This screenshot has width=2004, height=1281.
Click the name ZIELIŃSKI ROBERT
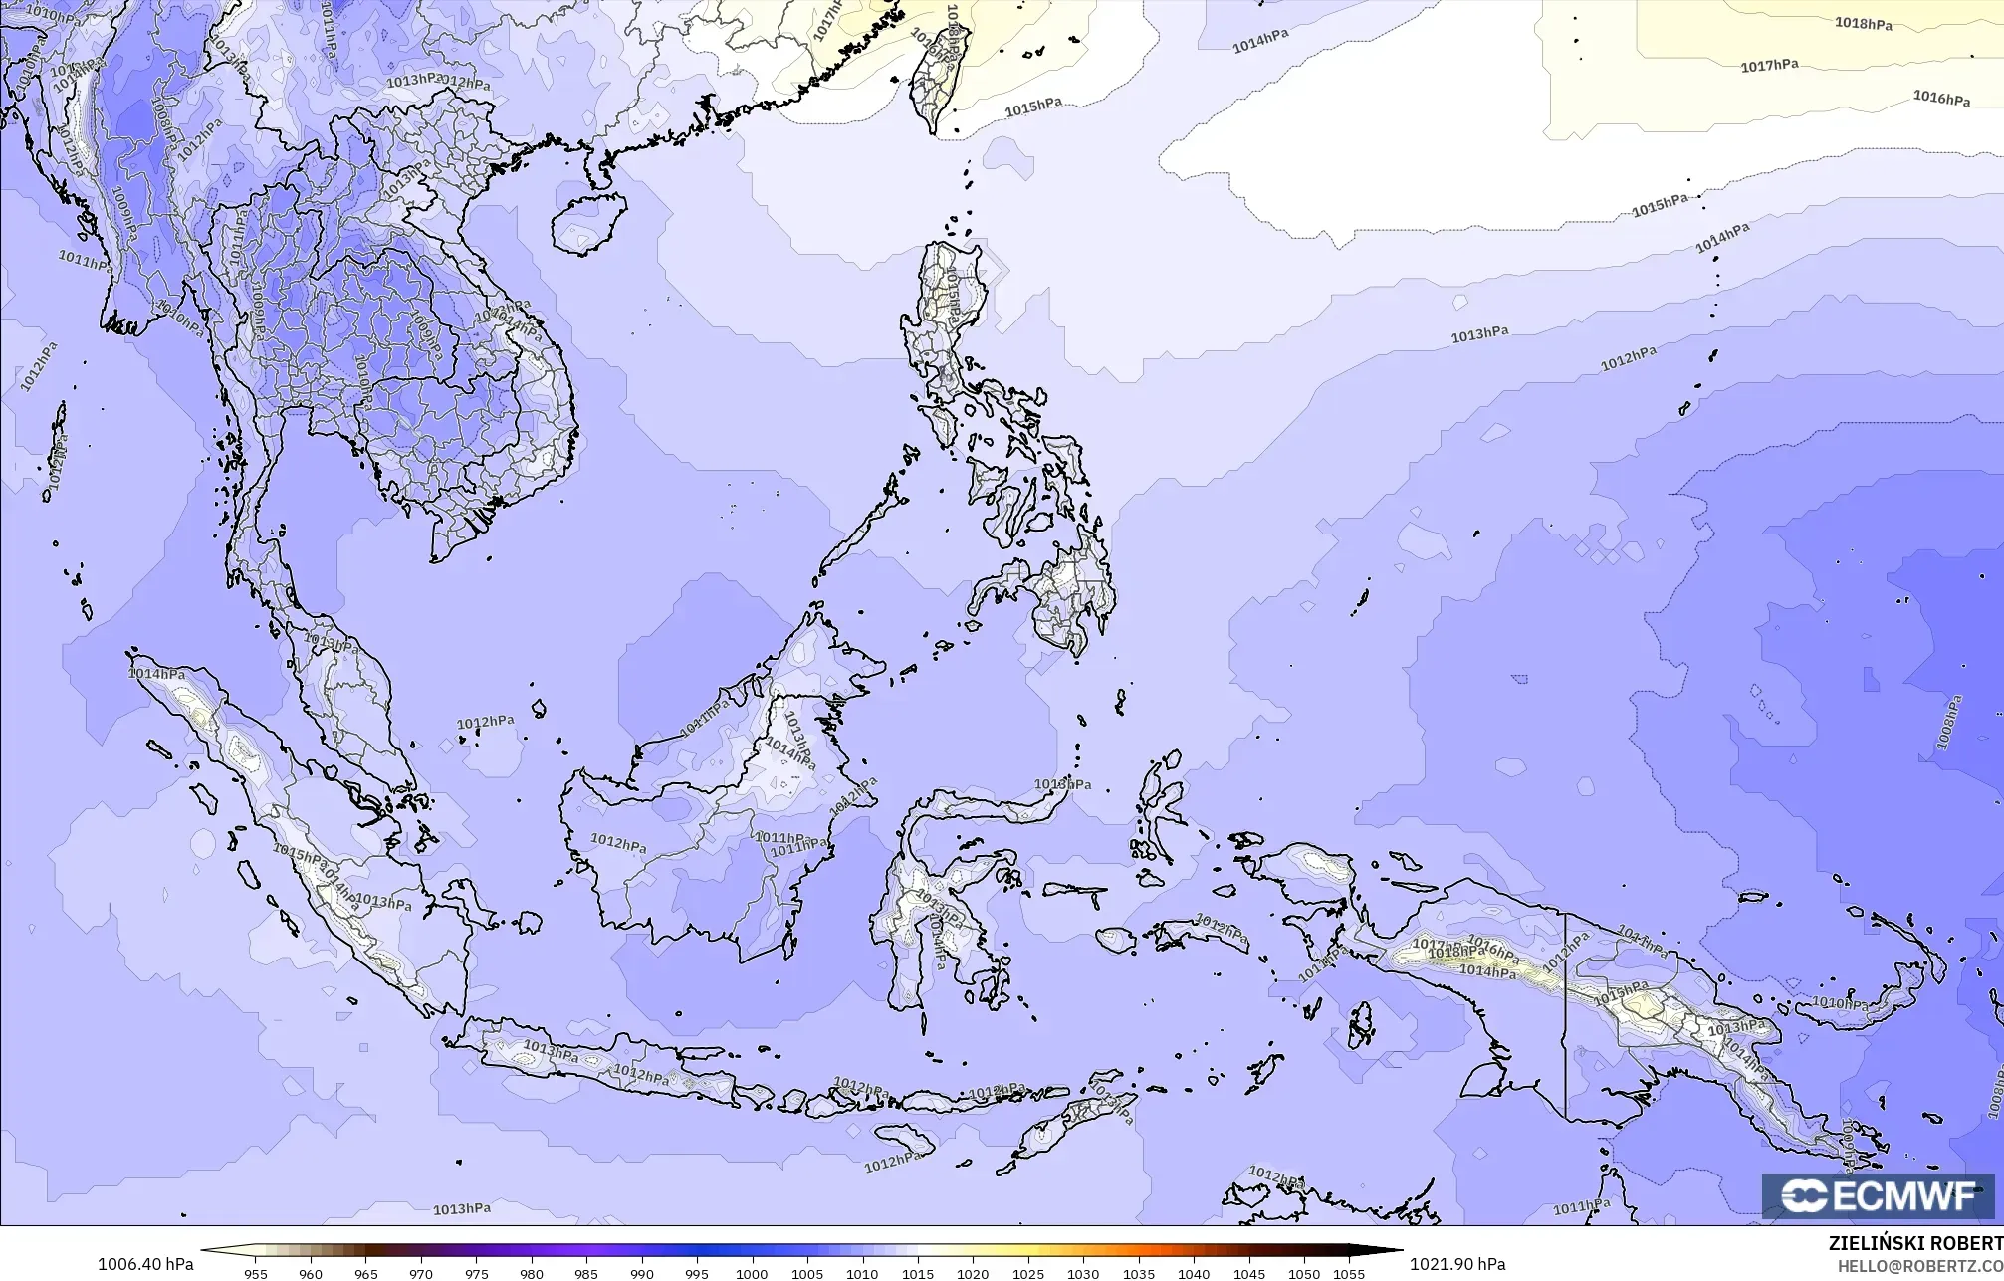click(x=1915, y=1243)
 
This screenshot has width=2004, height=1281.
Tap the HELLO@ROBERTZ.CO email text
click(x=1919, y=1265)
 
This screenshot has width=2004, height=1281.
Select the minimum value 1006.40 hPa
click(x=145, y=1264)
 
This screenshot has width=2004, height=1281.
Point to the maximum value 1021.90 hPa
click(x=1456, y=1264)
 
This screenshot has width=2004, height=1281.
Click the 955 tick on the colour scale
click(x=256, y=1273)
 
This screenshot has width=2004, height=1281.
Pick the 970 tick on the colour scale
click(x=421, y=1273)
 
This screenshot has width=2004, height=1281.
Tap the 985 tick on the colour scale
click(x=586, y=1273)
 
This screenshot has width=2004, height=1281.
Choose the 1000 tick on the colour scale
click(x=752, y=1273)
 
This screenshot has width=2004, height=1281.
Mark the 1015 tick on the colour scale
click(x=917, y=1273)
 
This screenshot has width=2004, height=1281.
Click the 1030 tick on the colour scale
click(x=1083, y=1273)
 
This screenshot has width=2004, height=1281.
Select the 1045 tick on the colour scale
click(x=1248, y=1273)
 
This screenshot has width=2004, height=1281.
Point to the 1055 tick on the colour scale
click(x=1349, y=1273)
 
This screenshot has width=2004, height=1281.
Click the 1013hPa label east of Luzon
click(x=1478, y=335)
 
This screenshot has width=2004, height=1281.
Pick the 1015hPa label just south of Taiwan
click(x=1033, y=107)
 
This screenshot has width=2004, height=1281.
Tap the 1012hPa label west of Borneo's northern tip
click(x=486, y=722)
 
